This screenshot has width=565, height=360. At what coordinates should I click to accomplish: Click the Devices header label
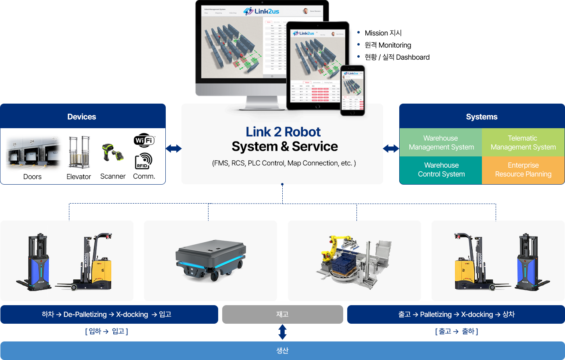pos(81,117)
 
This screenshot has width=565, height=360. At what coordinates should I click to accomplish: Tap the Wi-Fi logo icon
pos(144,140)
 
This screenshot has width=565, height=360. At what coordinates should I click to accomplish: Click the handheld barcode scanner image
pos(112,153)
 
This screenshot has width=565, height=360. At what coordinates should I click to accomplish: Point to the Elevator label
pos(79,177)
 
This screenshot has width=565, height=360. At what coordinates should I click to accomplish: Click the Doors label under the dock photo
pos(32,177)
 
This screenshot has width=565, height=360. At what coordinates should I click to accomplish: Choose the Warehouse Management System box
pos(441,143)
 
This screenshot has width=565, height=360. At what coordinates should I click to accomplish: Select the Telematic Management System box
pos(523,143)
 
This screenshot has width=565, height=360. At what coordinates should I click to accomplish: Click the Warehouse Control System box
pos(441,170)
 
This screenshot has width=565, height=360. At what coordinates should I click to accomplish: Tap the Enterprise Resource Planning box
pos(523,170)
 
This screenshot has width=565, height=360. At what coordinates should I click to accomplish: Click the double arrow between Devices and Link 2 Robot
pos(173,149)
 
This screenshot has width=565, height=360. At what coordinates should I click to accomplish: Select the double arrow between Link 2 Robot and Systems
pos(391,149)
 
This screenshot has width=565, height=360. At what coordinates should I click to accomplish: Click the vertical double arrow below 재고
pos(282,332)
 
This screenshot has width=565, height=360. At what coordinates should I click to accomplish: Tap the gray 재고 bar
pos(282,314)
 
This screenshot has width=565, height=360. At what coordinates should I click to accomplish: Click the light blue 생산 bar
pos(282,350)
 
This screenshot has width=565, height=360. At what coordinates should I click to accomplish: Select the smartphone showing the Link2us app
pos(352,91)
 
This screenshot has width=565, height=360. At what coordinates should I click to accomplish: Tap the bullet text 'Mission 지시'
pos(383,33)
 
